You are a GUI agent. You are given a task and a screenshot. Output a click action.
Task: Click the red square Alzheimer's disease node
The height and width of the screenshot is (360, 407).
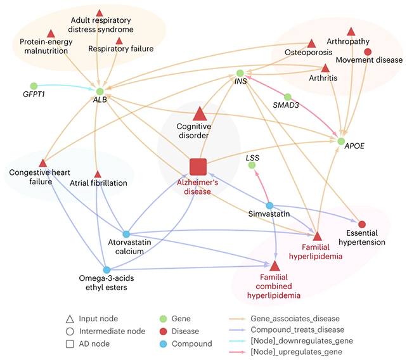point(198,167)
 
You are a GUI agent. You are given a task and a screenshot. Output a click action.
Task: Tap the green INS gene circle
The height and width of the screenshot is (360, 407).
point(240,74)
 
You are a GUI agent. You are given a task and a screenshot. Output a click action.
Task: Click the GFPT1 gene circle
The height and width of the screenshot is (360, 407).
point(34,86)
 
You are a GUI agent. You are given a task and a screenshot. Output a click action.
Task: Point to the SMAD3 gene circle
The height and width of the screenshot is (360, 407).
point(287,97)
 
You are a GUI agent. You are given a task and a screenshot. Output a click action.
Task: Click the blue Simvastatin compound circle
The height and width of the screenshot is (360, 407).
point(269,206)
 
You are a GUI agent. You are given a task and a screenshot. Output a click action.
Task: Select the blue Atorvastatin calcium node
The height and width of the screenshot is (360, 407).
point(126,235)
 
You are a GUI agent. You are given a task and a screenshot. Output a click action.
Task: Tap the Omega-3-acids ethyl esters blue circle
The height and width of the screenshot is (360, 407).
point(107,271)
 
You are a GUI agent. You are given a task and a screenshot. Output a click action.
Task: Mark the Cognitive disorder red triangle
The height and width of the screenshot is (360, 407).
point(199,113)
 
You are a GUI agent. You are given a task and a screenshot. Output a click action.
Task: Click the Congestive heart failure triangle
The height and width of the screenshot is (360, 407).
point(42,163)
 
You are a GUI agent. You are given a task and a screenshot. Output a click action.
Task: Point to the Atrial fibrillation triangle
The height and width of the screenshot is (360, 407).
point(98,174)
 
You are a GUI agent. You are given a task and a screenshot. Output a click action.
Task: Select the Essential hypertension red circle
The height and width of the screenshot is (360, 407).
point(362,224)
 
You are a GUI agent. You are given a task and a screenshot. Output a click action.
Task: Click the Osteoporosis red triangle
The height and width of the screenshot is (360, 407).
point(311,44)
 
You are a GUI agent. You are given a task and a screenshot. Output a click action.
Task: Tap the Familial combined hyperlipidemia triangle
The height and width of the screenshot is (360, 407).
point(275,266)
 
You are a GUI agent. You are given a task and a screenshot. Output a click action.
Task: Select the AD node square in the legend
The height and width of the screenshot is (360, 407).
point(70,344)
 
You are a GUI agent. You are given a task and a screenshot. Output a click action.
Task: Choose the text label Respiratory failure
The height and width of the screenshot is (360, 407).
point(121,49)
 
